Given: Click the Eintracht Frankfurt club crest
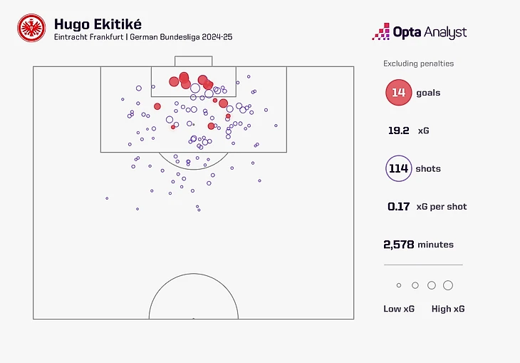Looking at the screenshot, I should pos(31,29).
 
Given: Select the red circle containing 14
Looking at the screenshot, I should pos(398,93).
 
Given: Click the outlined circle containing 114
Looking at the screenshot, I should pos(398,169).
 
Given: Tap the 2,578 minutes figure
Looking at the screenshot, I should pos(399,245).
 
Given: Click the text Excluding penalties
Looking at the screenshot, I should pos(418,63).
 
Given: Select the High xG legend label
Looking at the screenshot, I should pos(448,309).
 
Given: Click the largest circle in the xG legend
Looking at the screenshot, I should pos(448,285).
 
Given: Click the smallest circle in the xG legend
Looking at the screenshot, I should pos(399,285).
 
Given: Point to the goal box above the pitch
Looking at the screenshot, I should pos(193,61).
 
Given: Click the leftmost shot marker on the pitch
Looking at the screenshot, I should pos(107,198).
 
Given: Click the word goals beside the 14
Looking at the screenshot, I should pos(428,93).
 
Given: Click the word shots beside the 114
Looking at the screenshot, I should pos(428,169).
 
